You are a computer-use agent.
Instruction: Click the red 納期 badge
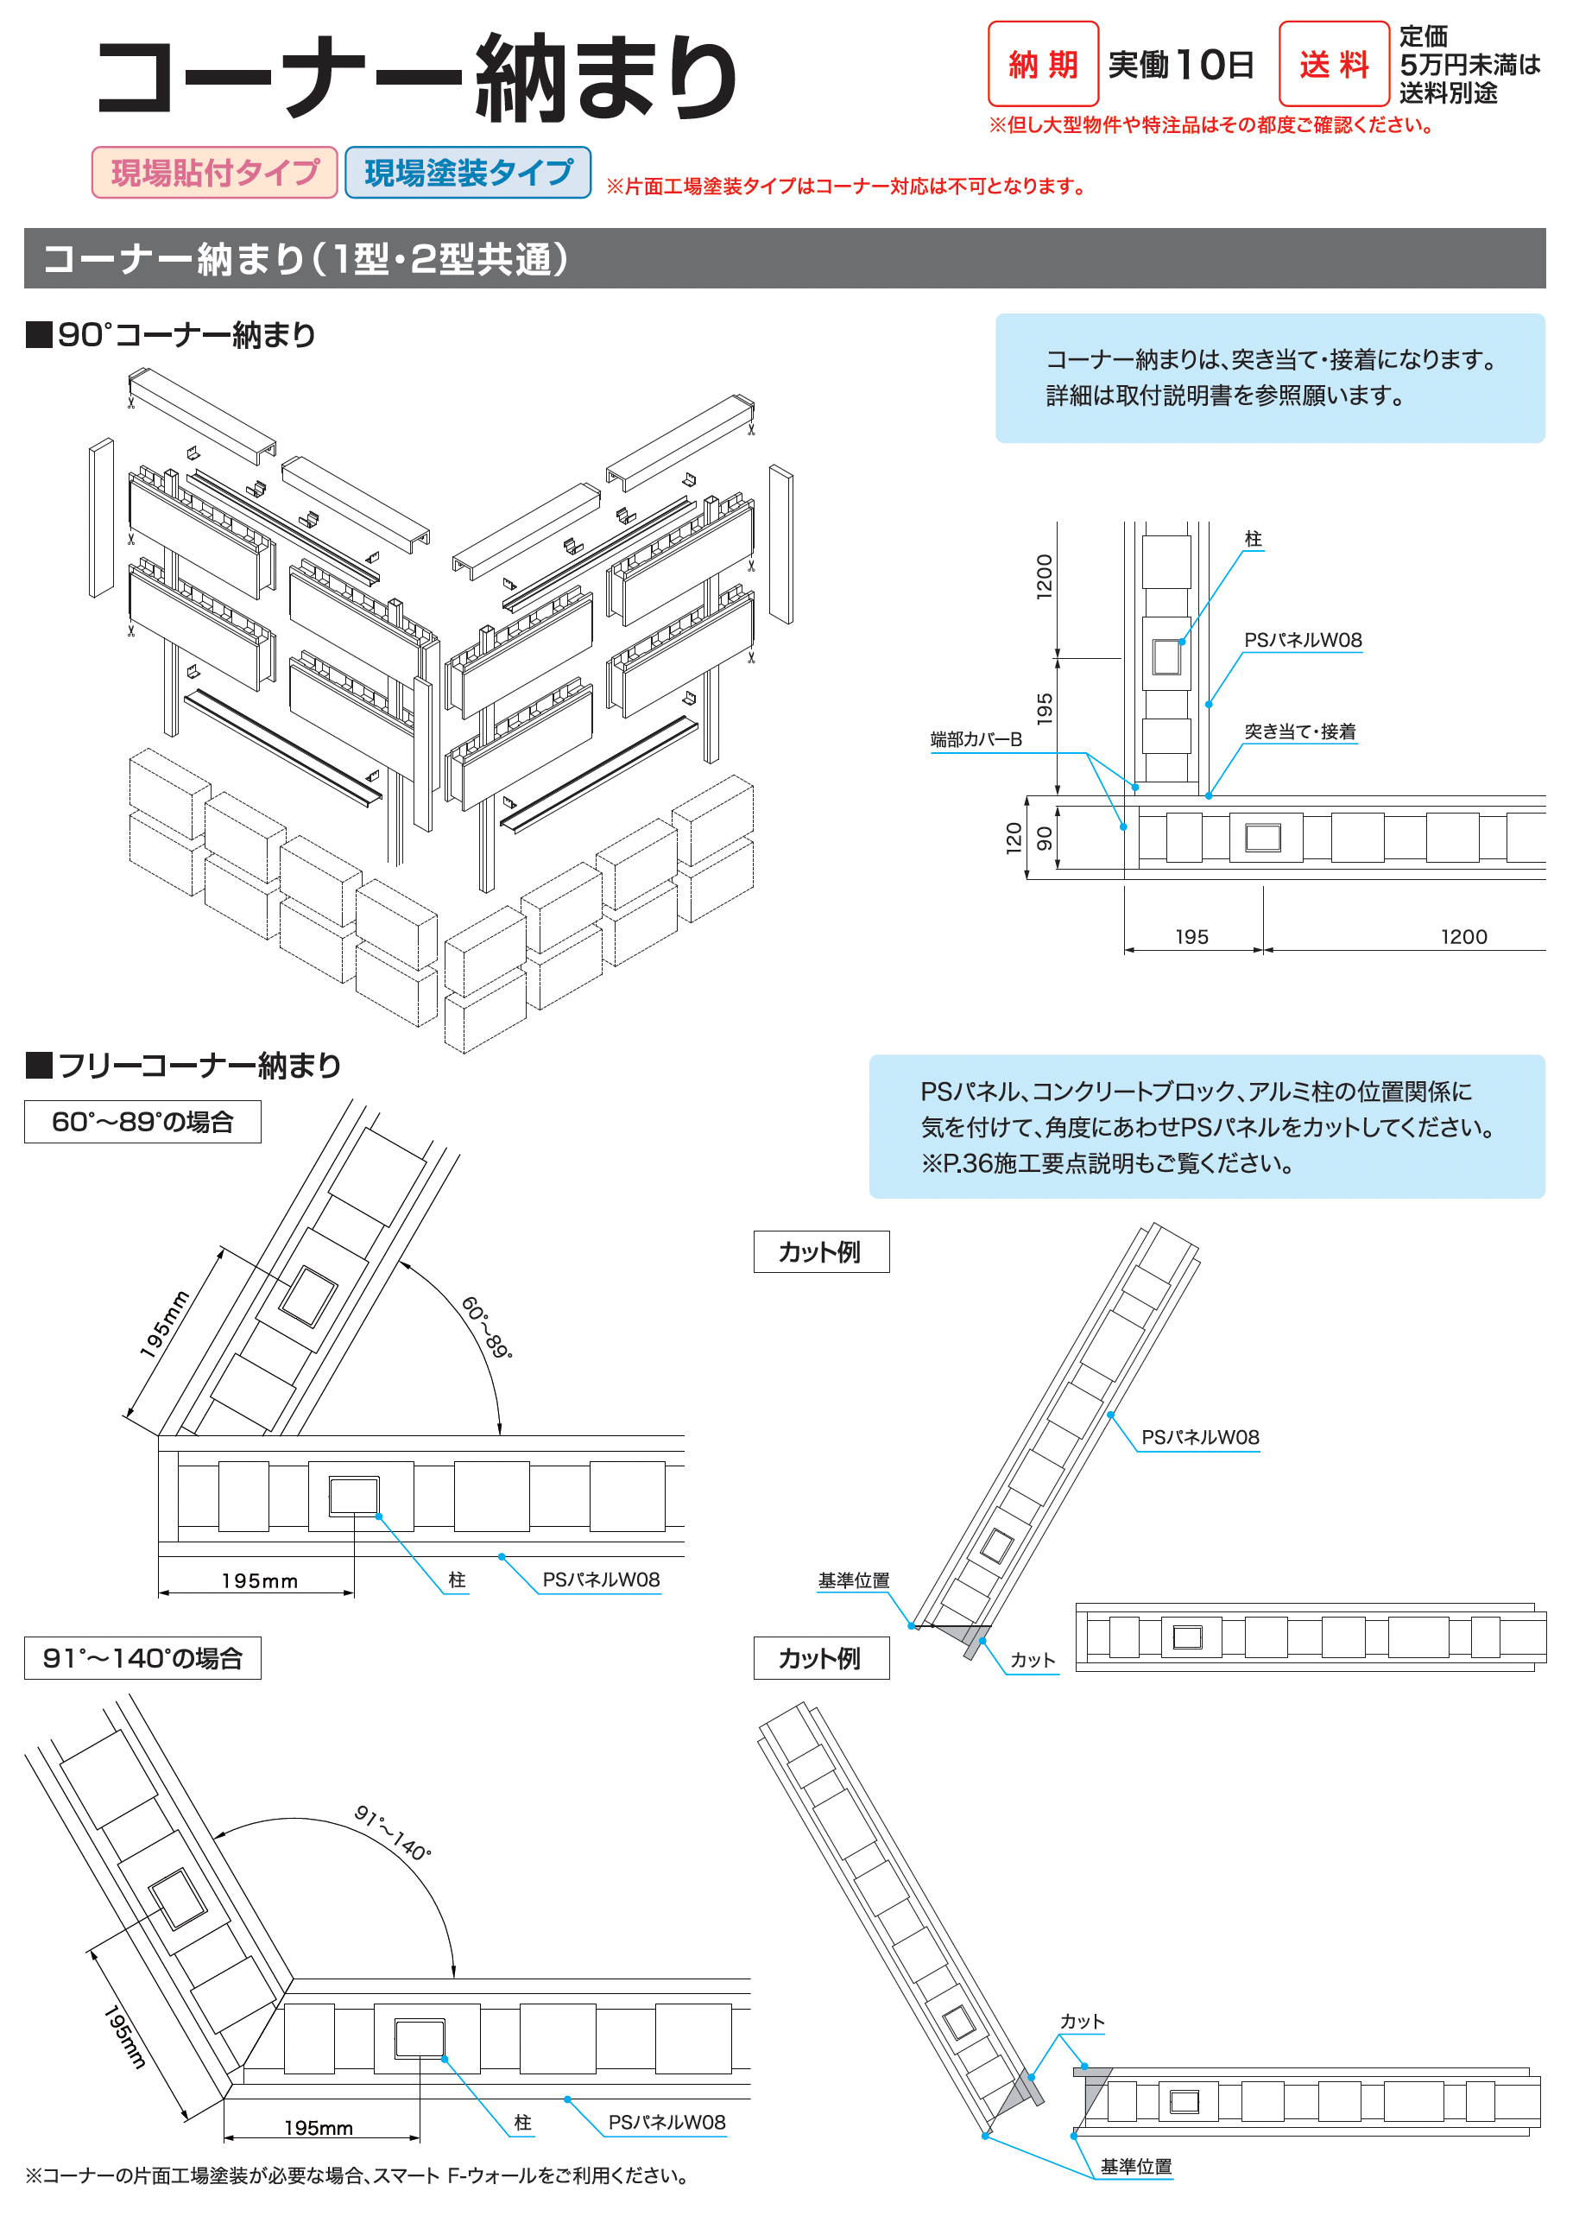coord(1042,64)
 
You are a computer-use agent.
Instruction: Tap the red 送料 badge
coord(1333,64)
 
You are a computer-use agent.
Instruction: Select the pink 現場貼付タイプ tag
coord(214,173)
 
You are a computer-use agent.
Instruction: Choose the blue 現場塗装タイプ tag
coord(468,173)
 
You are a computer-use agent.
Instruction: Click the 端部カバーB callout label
coord(976,739)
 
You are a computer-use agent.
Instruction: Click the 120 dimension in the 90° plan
coord(1014,837)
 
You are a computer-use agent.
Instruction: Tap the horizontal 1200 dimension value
coord(1462,937)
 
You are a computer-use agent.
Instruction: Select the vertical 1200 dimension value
coord(1043,577)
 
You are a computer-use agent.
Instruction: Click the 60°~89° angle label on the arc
coord(486,1326)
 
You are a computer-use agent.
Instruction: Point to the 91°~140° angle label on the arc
coord(392,1833)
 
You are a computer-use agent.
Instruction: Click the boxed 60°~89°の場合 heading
coord(142,1121)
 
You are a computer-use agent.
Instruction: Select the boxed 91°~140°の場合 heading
coord(142,1658)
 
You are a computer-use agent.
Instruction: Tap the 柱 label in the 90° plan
coord(1253,539)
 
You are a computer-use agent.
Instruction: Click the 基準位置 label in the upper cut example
coord(852,1580)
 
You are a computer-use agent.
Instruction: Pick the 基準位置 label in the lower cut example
coord(1135,2166)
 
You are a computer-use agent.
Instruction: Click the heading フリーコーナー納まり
coord(199,1066)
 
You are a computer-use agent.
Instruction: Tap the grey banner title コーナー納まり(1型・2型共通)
coord(305,259)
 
